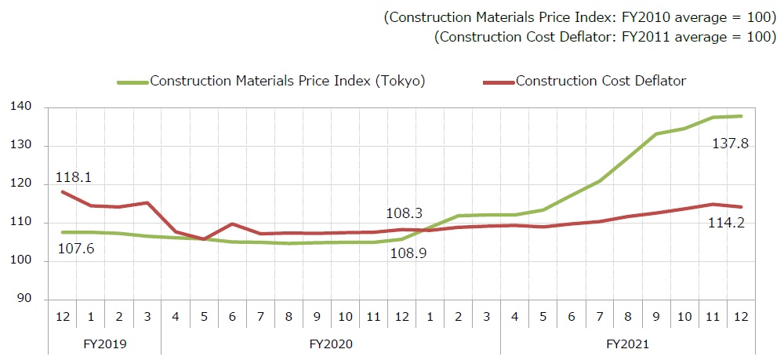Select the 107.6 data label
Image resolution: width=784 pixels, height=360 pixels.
click(76, 250)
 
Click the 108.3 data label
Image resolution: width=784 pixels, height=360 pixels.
click(405, 213)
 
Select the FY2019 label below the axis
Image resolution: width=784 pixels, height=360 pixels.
click(104, 344)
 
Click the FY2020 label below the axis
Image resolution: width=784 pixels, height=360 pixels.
click(331, 344)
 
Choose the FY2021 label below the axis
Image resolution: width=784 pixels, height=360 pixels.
click(628, 344)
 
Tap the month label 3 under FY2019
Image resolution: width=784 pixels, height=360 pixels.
click(147, 318)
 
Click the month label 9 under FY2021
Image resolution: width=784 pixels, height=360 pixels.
click(656, 318)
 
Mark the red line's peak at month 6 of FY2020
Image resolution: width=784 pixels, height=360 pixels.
click(232, 224)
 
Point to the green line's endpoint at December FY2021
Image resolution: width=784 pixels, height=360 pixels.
click(741, 116)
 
